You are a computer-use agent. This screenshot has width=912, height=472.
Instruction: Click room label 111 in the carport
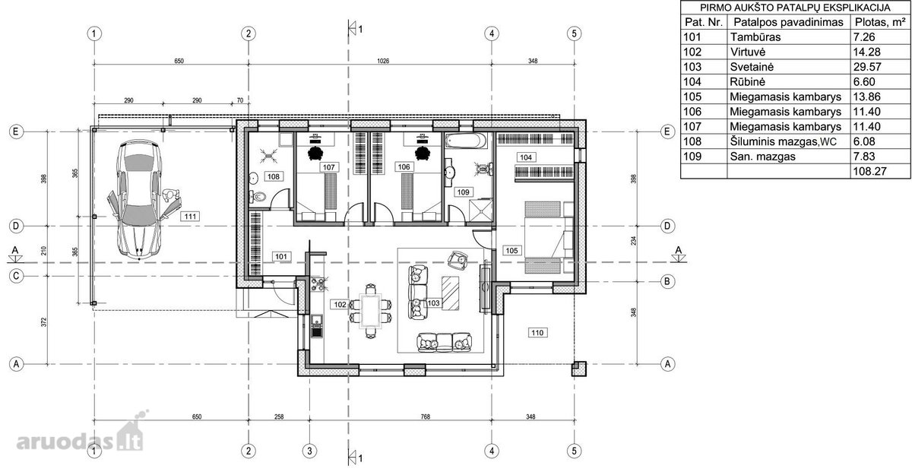point(190,217)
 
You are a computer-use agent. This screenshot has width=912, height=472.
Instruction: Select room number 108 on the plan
point(274,176)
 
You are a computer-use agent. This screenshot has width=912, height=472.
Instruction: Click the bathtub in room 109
point(465,141)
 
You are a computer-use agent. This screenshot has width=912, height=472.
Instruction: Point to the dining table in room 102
point(371,311)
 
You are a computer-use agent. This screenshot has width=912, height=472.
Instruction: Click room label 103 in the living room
point(433,303)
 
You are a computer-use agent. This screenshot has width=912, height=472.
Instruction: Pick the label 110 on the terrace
point(537,333)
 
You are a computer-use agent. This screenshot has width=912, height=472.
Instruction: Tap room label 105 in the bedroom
point(511,251)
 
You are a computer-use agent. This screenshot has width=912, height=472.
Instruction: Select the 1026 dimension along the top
point(383,61)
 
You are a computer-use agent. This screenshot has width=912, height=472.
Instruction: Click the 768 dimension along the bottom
point(425,417)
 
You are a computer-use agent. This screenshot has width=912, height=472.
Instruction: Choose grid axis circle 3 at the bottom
point(309,451)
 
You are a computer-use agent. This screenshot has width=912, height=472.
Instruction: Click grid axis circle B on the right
point(667,281)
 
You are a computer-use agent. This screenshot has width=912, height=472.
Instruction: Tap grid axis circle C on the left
point(16,276)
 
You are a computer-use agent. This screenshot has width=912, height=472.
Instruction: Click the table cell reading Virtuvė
point(748,52)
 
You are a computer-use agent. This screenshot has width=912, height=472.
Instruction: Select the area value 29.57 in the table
point(867,67)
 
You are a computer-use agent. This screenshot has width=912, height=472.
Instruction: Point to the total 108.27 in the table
point(869,171)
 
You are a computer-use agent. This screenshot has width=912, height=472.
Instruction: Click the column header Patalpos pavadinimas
point(788,22)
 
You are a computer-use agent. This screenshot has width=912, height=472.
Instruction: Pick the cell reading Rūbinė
point(747,82)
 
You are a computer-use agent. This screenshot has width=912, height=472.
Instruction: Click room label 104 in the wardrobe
point(526,157)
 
